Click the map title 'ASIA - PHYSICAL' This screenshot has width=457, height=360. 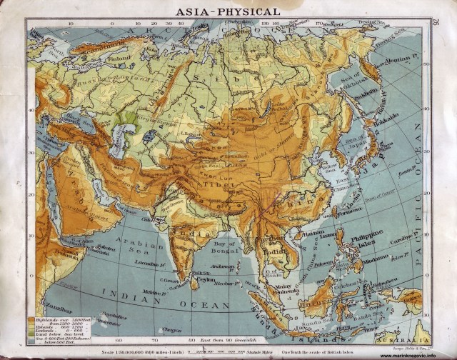[x=228, y=11]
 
